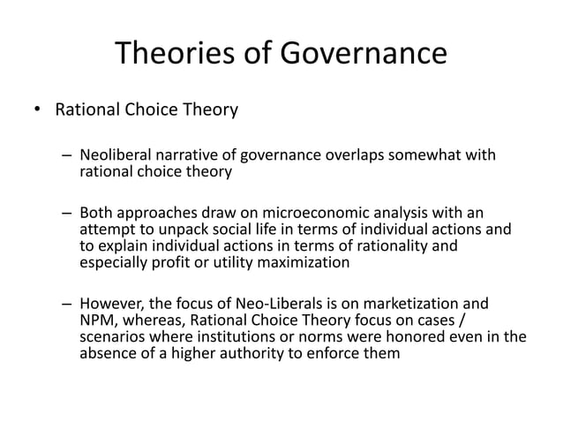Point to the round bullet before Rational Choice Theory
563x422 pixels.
tap(37, 111)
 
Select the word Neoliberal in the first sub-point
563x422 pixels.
tap(116, 157)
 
